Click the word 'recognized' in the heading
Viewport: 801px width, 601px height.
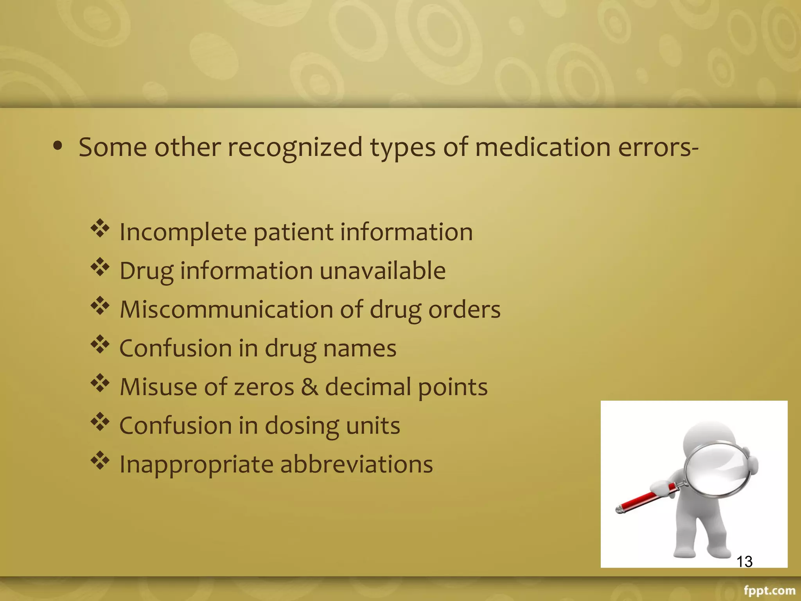pyautogui.click(x=295, y=148)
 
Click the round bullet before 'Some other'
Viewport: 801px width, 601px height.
pyautogui.click(x=58, y=146)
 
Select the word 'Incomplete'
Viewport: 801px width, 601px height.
pyautogui.click(x=183, y=232)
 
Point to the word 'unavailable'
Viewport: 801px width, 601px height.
pyautogui.click(x=383, y=270)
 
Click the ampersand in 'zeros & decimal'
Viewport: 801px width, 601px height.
pyautogui.click(x=309, y=387)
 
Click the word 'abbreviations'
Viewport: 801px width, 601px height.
pyautogui.click(x=356, y=464)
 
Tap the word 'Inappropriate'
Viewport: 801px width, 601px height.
pyautogui.click(x=196, y=465)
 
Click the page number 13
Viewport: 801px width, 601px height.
pyautogui.click(x=744, y=561)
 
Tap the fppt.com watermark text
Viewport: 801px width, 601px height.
pyautogui.click(x=769, y=590)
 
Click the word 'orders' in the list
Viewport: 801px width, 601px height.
pyautogui.click(x=464, y=309)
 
